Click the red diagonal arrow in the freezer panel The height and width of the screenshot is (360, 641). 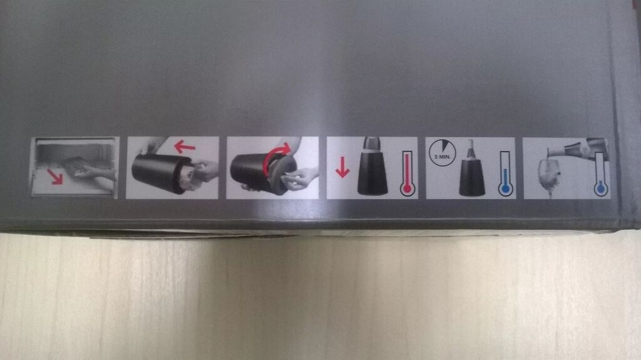click(x=55, y=177)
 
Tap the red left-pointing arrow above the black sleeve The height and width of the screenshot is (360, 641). click(x=185, y=146)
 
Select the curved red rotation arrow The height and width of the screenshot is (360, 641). click(x=275, y=158)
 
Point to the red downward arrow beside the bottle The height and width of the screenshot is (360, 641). click(x=342, y=168)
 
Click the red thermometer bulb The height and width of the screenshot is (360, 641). click(x=407, y=189)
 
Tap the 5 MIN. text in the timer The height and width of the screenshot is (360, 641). click(x=442, y=157)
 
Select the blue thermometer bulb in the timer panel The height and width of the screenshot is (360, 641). click(x=506, y=189)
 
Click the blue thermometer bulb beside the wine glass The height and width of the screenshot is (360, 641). click(x=600, y=188)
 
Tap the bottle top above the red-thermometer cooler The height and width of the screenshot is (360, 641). click(x=372, y=144)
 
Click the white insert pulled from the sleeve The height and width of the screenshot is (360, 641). click(x=188, y=176)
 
